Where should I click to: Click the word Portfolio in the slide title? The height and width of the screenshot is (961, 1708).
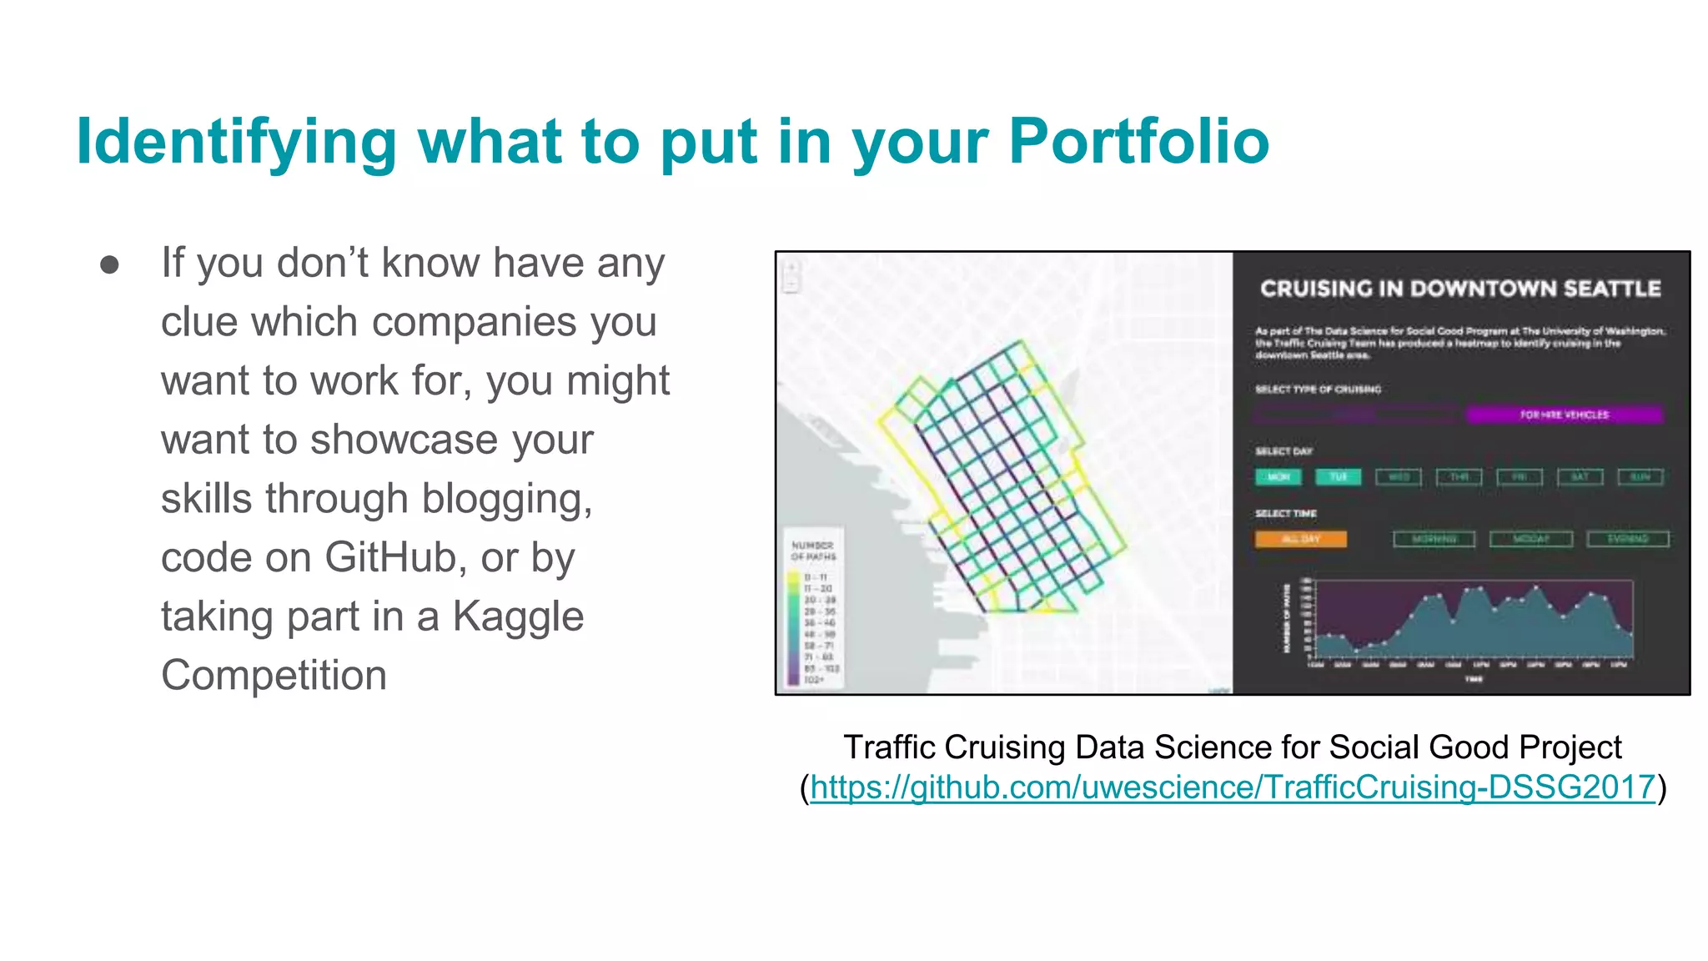click(1138, 141)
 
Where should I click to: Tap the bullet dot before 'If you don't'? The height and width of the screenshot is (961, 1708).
click(109, 264)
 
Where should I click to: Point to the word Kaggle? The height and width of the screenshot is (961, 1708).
click(518, 616)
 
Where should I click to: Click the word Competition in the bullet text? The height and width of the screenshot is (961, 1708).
click(274, 675)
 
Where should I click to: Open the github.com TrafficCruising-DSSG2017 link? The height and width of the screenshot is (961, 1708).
click(1232, 787)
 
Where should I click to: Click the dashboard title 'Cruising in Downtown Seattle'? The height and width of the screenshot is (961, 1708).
click(1459, 289)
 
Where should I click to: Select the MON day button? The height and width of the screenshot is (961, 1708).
click(1278, 477)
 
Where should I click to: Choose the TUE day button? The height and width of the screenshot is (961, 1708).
click(1338, 477)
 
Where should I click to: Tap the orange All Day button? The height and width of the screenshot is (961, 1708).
click(1300, 539)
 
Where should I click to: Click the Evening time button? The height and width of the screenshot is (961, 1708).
click(1627, 539)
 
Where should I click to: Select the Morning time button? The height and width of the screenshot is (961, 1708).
click(1434, 539)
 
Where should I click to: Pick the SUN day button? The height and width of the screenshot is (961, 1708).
click(1640, 477)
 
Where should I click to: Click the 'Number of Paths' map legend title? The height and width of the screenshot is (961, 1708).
click(813, 551)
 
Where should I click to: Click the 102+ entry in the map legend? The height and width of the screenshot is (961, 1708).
click(813, 680)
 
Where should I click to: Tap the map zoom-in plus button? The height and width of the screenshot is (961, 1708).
click(791, 269)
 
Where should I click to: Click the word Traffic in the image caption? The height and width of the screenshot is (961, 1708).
click(889, 747)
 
